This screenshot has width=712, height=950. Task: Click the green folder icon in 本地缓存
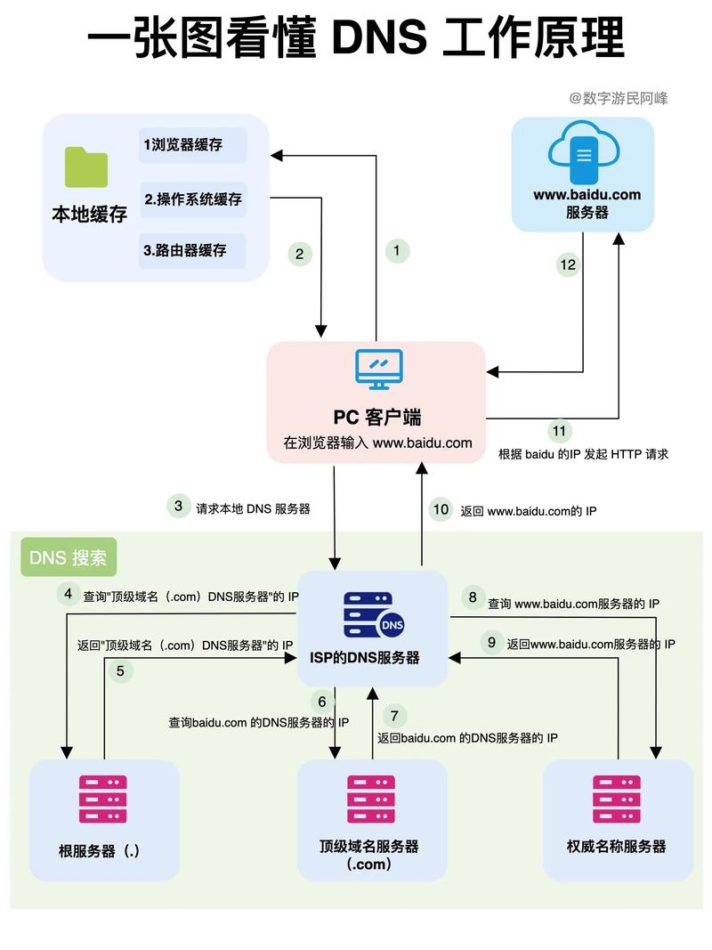click(x=86, y=167)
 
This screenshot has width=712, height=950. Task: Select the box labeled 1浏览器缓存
click(x=192, y=145)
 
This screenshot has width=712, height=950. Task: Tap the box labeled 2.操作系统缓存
click(x=192, y=199)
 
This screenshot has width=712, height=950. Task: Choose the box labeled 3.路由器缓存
click(x=192, y=251)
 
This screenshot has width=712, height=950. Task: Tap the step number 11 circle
click(x=559, y=431)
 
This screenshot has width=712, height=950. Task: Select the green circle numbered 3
click(x=179, y=507)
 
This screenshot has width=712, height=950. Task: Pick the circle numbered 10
click(x=441, y=509)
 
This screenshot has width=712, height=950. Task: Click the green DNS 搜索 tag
click(x=69, y=558)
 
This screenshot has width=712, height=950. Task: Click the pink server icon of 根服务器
click(x=103, y=799)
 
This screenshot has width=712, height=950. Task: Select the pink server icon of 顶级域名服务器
click(x=370, y=799)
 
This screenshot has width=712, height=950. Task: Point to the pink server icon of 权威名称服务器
click(x=617, y=799)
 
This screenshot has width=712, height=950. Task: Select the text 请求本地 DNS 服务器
click(x=254, y=509)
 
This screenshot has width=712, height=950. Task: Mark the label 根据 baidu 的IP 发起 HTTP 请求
click(x=583, y=454)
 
